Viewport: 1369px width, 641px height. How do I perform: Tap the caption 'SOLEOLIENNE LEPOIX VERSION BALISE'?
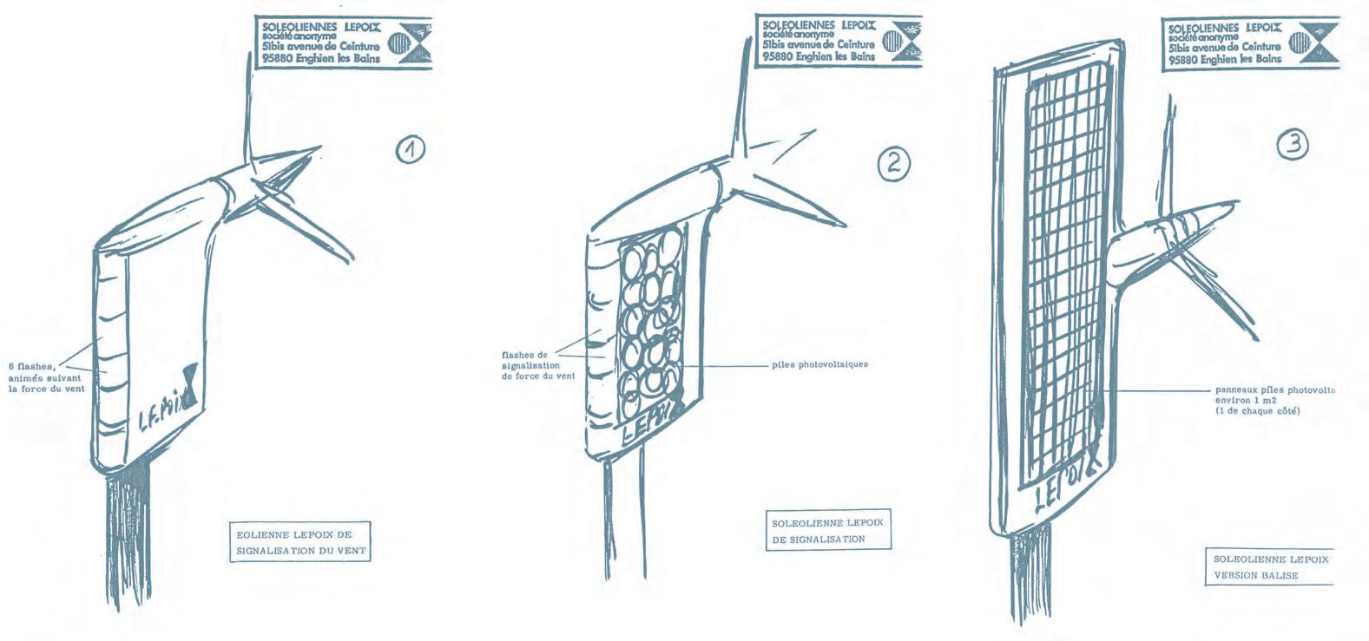(x=1269, y=566)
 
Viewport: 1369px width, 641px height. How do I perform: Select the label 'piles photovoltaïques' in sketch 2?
(x=820, y=364)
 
